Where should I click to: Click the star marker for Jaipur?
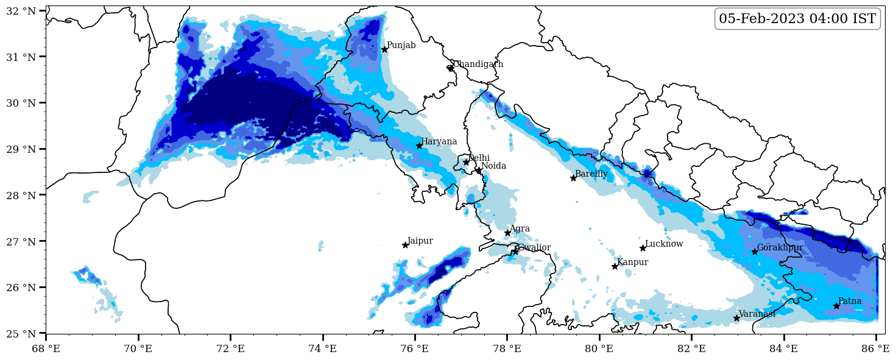tap(405, 245)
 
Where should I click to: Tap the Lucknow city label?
tap(664, 244)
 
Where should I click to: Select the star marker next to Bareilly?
tap(573, 178)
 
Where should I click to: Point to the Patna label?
tap(850, 301)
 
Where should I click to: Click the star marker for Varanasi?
tap(736, 318)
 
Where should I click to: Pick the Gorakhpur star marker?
tap(755, 252)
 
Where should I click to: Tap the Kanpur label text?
tap(632, 262)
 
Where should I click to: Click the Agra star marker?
tap(507, 233)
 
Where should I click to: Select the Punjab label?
tap(401, 45)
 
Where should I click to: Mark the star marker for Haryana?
tap(419, 146)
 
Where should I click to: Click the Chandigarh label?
tap(478, 64)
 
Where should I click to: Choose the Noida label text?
tap(493, 166)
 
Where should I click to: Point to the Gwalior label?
tap(534, 247)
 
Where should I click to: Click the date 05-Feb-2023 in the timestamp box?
tap(762, 19)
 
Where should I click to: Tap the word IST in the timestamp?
tap(864, 19)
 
